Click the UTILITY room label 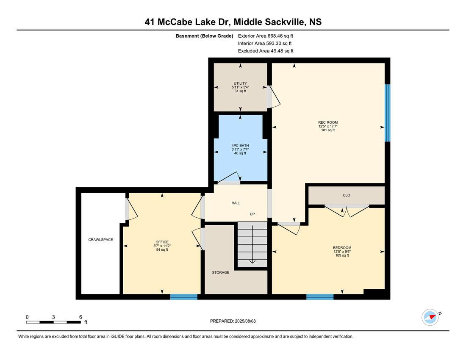240,83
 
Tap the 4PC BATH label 240,146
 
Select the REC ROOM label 328,122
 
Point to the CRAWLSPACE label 100,240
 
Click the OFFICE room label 162,242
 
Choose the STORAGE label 221,272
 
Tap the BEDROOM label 342,248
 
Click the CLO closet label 347,195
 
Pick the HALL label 236,203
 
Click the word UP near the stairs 252,214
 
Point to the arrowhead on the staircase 252,261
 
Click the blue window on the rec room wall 387,113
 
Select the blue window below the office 184,297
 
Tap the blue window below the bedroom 320,297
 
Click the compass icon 430,317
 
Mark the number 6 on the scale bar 80,317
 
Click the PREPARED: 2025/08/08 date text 233,321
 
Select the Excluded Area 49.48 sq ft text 266,51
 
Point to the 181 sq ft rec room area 328,130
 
